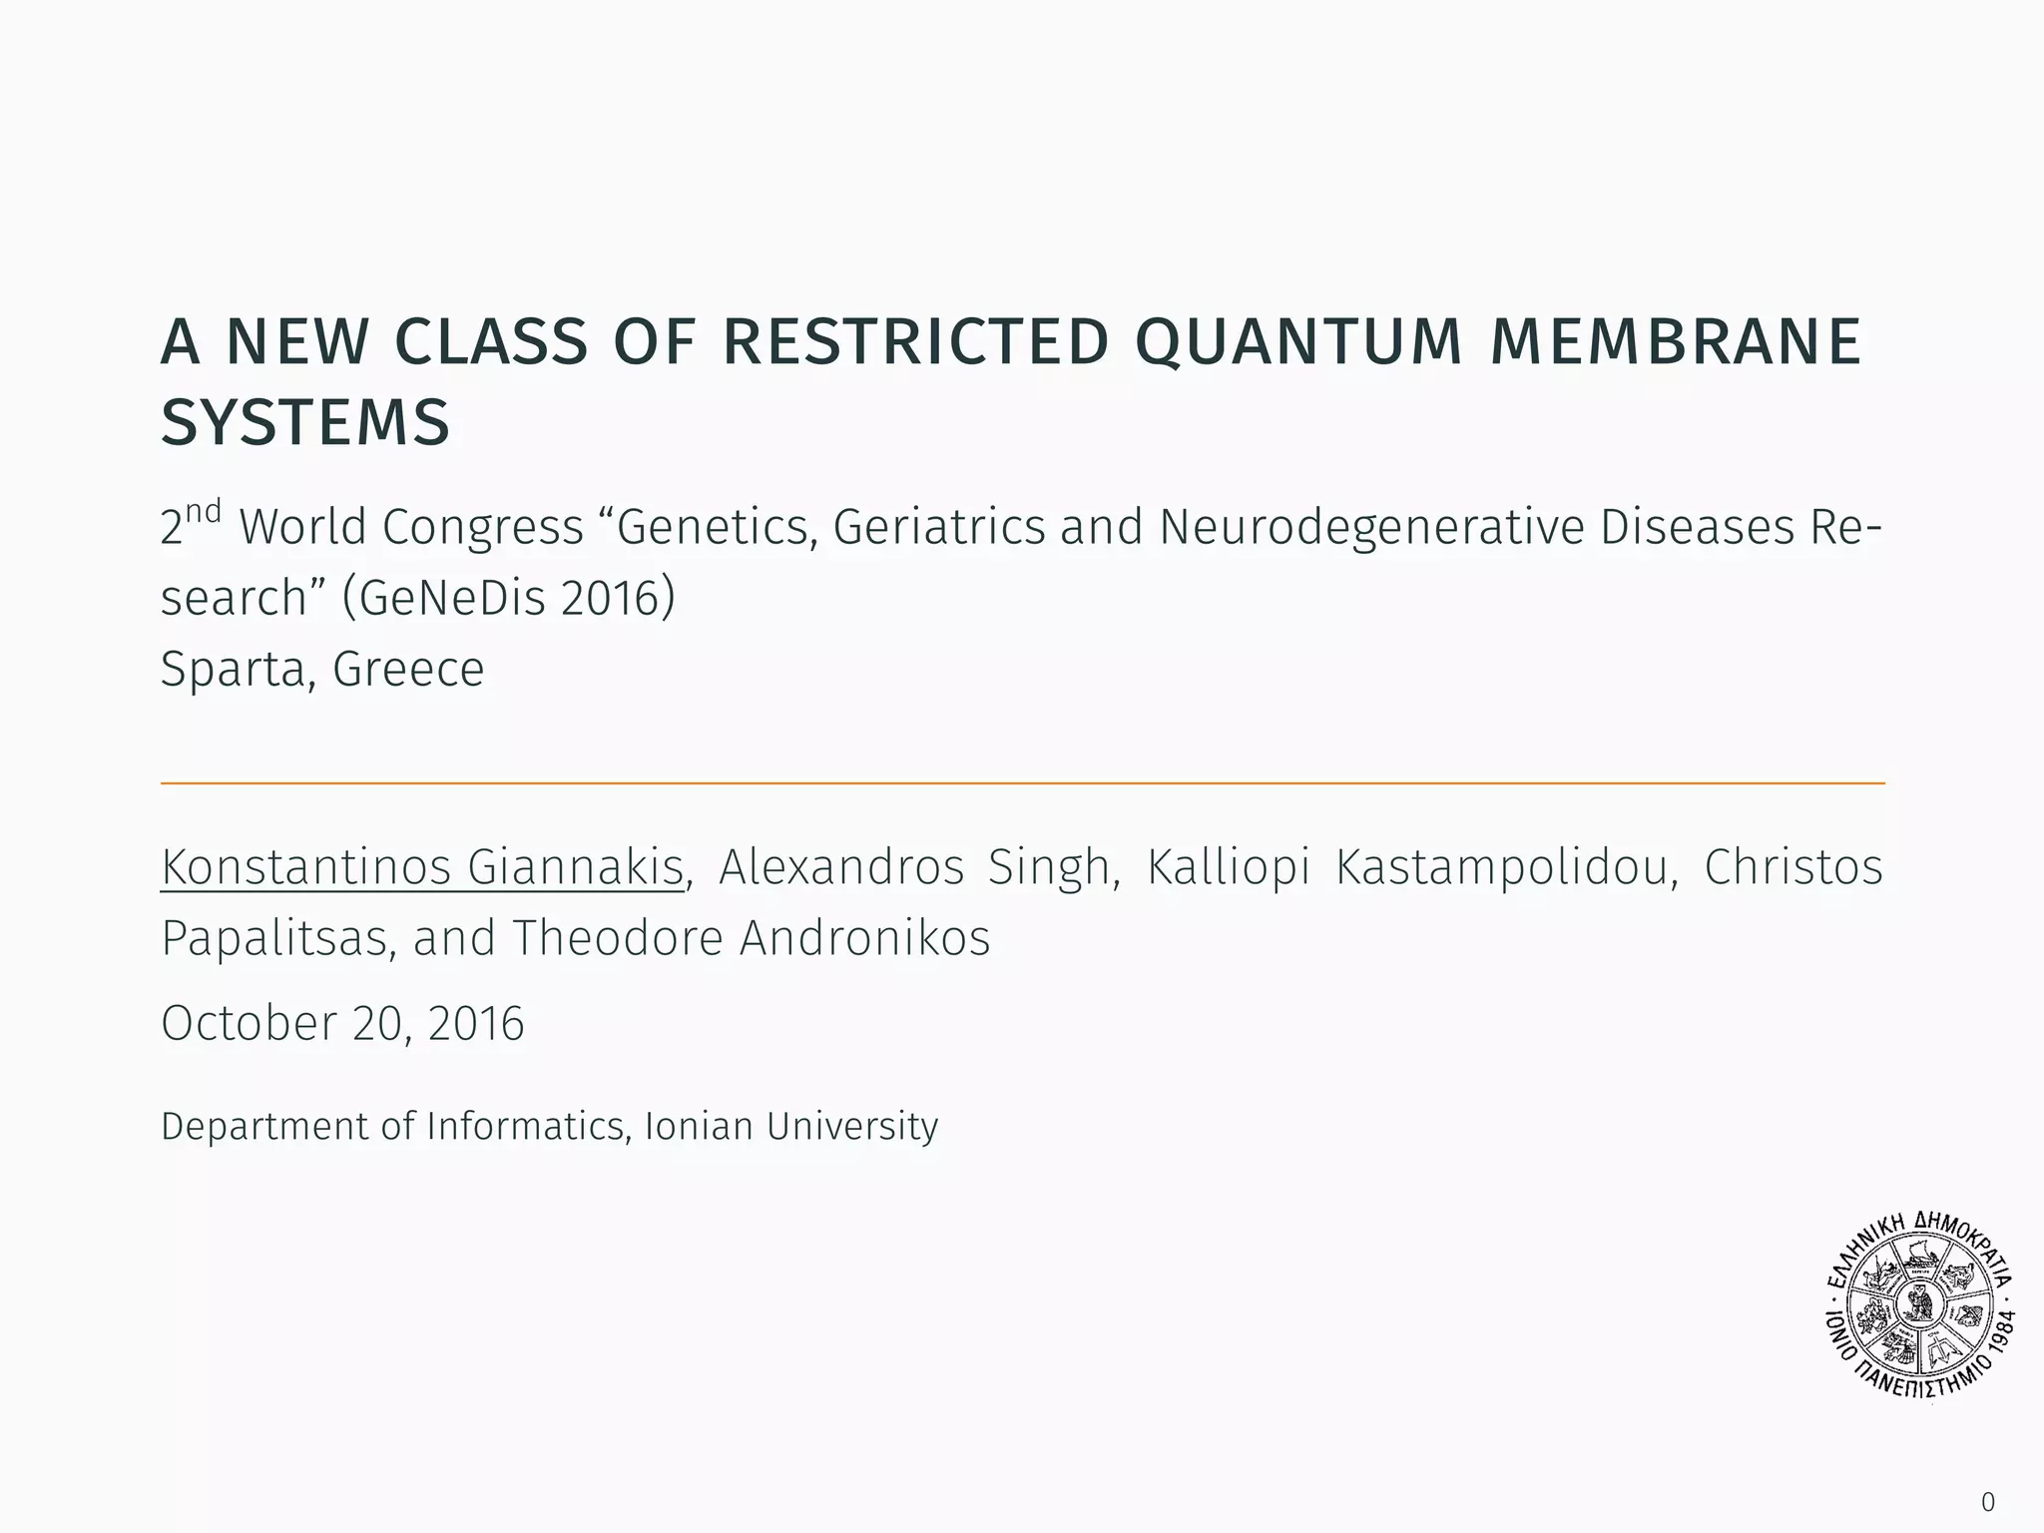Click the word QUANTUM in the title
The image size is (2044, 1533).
pos(1297,341)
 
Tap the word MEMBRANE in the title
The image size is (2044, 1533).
pos(1675,341)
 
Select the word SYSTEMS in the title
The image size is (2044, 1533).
pos(305,422)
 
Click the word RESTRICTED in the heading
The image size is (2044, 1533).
pos(915,341)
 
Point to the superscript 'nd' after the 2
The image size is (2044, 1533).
pos(203,512)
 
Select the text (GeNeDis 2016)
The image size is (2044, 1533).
pos(508,598)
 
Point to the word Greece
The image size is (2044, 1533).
pos(408,669)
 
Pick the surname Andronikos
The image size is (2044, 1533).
pos(864,938)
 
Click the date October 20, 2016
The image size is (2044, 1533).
pos(342,1023)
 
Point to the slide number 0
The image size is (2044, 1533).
pos(1988,1502)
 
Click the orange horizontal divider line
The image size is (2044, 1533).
pos(1022,783)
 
